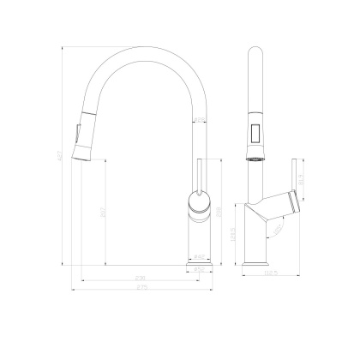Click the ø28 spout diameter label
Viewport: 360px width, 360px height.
[x=199, y=121]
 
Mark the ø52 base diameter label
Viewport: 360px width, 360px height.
[x=199, y=270]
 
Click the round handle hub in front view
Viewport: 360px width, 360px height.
[x=198, y=204]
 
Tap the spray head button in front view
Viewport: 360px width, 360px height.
[x=80, y=135]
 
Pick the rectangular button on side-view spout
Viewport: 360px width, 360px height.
[x=255, y=135]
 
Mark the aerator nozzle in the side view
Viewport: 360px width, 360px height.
[x=255, y=159]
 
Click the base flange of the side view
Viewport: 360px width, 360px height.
[x=255, y=260]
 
